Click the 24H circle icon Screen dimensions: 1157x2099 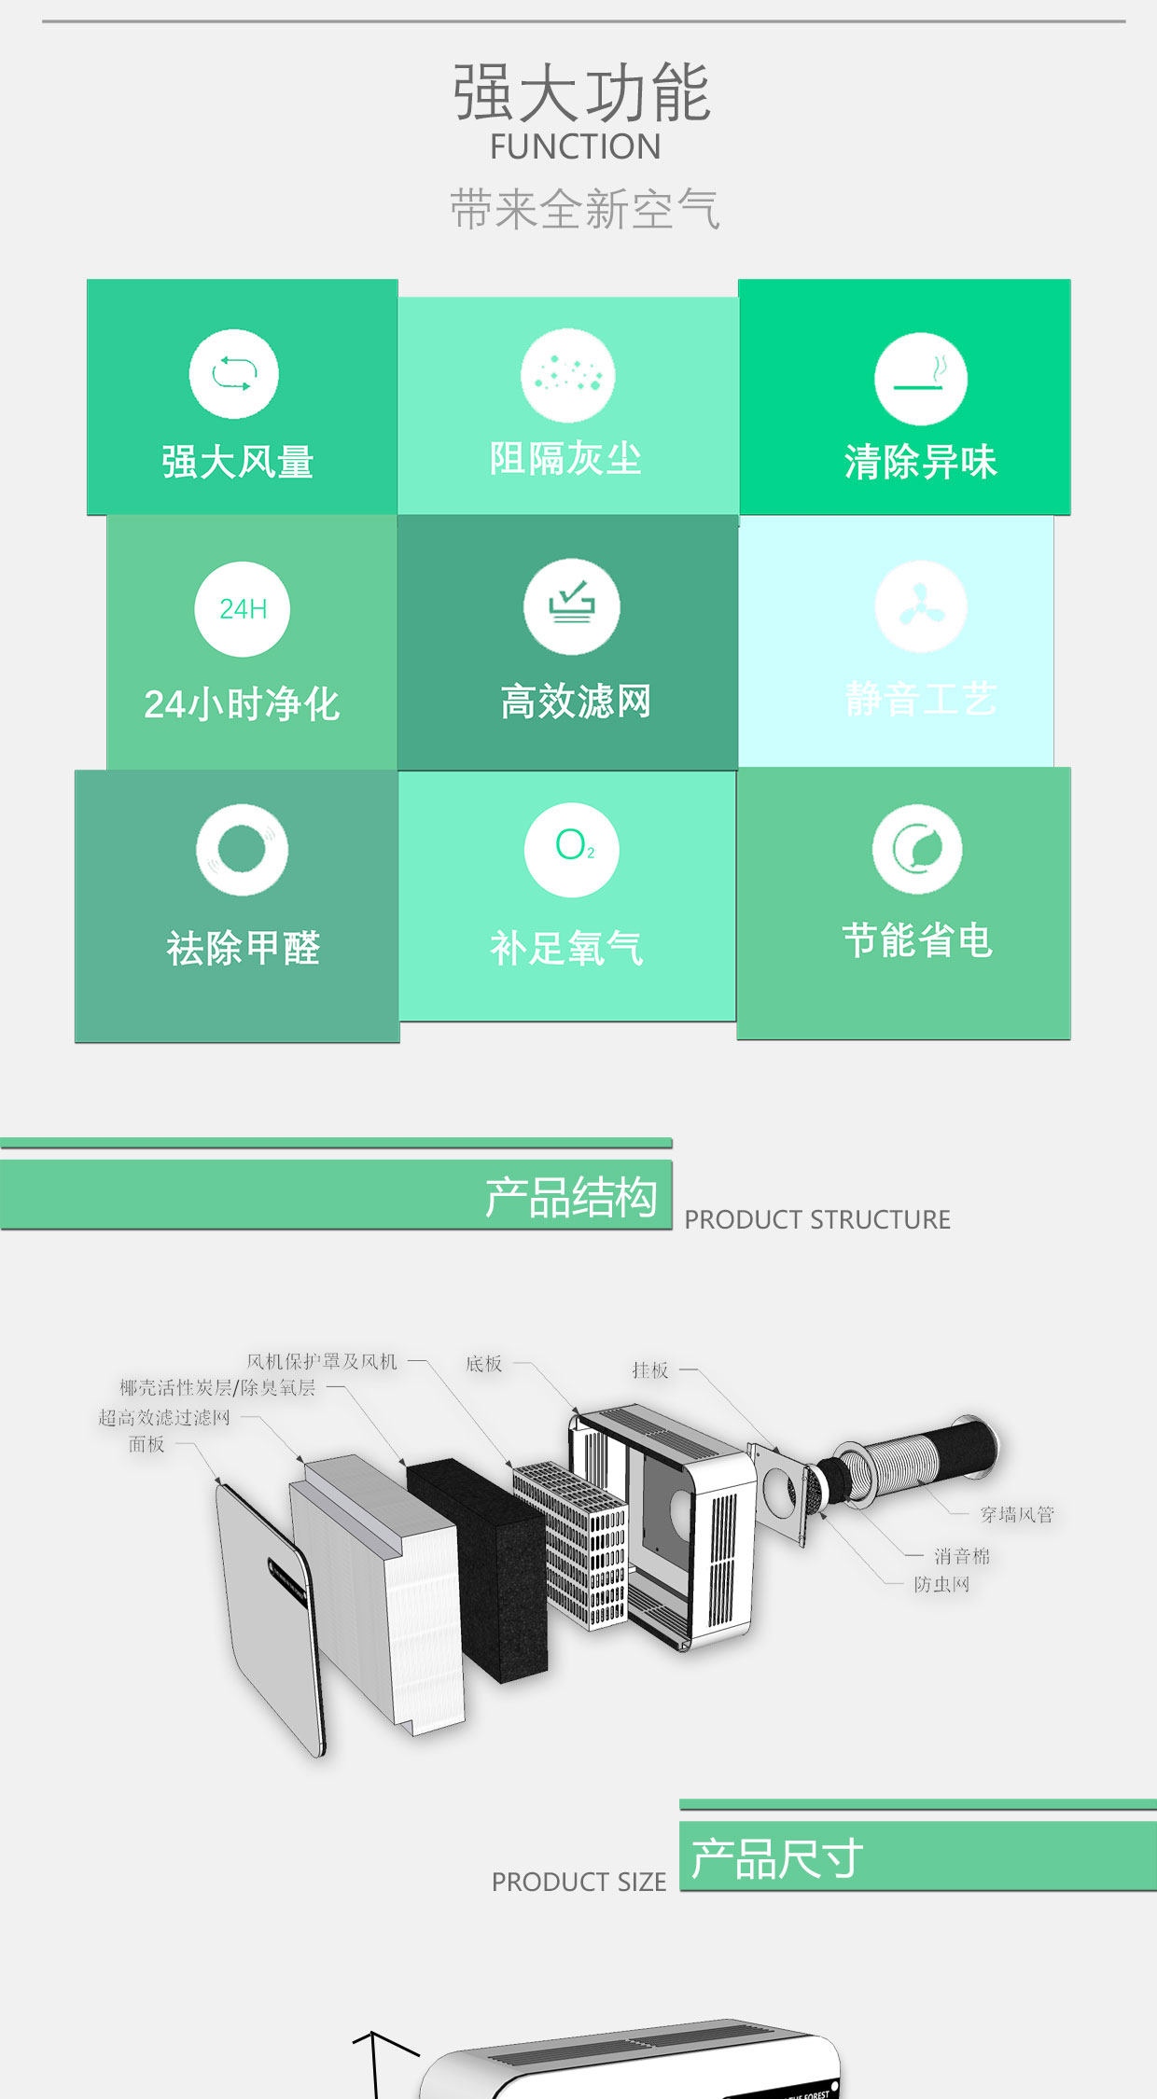242,609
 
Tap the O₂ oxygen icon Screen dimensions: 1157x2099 571,850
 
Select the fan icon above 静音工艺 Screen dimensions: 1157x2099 921,607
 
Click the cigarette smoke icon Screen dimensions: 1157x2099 920,379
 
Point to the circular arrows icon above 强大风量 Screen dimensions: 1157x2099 233,374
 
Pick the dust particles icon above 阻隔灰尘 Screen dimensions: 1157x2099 567,375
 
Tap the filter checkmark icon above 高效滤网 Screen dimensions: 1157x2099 571,606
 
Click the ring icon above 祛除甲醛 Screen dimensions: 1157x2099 242,850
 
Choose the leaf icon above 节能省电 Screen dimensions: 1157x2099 916,849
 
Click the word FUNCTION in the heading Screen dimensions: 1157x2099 575,147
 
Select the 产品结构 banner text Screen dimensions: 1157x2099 570,1197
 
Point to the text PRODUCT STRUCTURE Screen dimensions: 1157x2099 817,1219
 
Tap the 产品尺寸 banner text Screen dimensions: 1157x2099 776,1858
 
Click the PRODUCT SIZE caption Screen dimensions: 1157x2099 578,1882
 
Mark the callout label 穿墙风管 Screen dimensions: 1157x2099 1016,1514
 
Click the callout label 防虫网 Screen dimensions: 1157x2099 941,1584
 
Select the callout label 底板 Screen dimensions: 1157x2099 483,1364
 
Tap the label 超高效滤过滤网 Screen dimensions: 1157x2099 164,1418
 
